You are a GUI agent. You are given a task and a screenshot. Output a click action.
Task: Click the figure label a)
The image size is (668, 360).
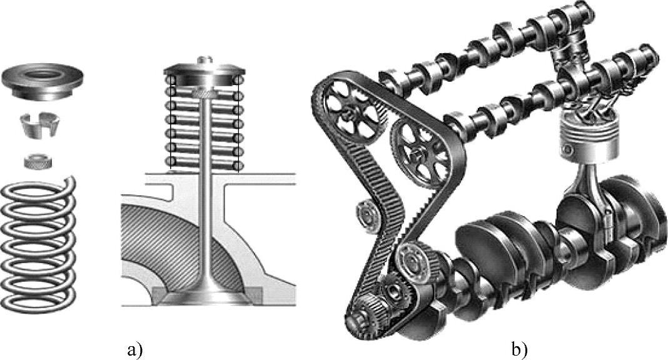click(x=134, y=350)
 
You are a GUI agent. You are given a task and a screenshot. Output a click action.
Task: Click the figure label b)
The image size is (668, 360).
click(x=519, y=350)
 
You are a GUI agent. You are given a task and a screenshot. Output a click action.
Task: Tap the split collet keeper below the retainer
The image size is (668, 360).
click(x=39, y=126)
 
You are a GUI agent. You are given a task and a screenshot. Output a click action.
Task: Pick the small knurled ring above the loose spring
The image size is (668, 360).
click(x=38, y=162)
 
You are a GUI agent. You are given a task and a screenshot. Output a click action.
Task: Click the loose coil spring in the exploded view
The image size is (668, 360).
click(x=38, y=244)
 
